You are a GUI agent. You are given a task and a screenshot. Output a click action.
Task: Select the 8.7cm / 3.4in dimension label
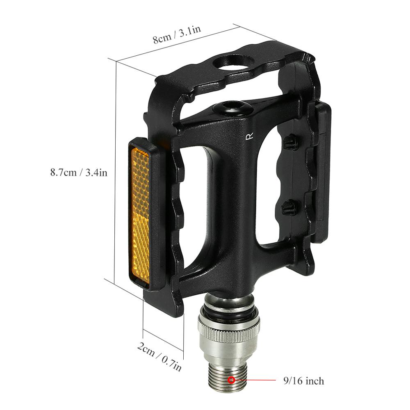pos(77,173)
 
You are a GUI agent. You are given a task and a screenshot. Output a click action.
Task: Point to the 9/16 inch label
pos(303,381)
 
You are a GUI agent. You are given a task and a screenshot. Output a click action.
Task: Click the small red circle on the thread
pos(232,380)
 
